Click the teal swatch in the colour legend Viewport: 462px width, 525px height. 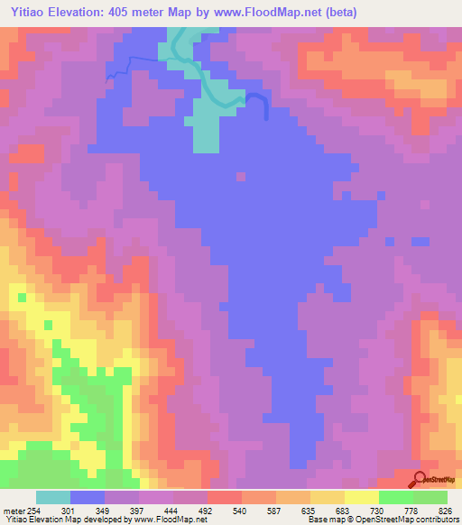[53, 497]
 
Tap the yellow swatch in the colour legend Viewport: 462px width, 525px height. [362, 497]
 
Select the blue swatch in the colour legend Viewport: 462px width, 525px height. [88, 497]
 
